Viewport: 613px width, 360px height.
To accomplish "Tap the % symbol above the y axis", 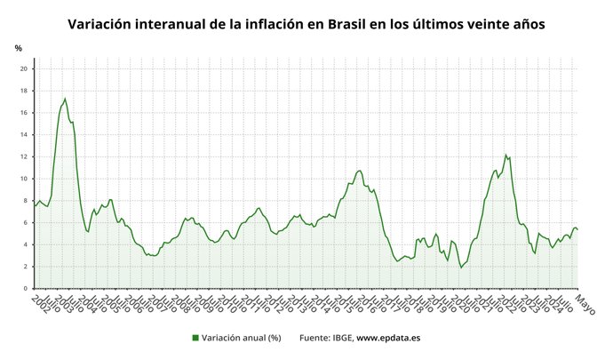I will [x=19, y=48].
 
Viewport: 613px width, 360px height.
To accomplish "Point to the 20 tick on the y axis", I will [x=25, y=68].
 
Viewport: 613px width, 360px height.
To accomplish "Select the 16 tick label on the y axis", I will [x=25, y=113].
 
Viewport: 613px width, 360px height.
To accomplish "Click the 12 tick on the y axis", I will [x=25, y=156].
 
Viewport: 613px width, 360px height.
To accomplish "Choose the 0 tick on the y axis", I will [x=28, y=289].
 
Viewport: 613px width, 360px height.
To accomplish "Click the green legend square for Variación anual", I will [x=195, y=338].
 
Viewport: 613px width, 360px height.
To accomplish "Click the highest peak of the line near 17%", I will [x=65, y=99].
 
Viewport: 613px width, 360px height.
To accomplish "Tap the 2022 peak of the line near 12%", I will [x=506, y=155].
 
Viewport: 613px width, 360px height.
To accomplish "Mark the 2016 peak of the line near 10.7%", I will [x=359, y=170].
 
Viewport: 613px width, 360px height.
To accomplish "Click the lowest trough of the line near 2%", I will [x=461, y=268].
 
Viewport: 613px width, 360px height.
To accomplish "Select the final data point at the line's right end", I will [x=578, y=229].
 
